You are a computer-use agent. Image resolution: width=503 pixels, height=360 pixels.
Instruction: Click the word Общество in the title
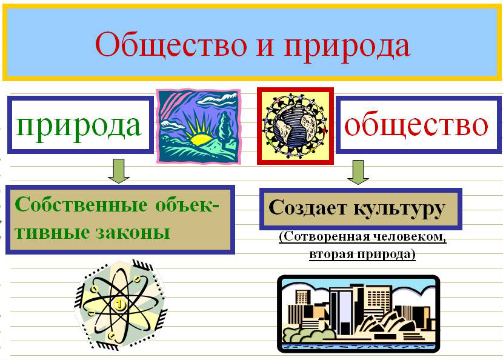coord(171,44)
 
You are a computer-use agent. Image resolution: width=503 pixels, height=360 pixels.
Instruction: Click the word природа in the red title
coord(347,47)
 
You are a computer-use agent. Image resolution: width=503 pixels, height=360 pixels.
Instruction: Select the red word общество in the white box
coord(416,124)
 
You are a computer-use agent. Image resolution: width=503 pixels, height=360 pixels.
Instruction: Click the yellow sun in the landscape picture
coord(201,139)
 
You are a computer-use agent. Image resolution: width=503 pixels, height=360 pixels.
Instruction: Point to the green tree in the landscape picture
coord(225,129)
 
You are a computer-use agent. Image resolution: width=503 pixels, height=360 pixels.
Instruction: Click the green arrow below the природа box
coord(119,171)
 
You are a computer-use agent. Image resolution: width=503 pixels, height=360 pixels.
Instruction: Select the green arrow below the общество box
coord(358,172)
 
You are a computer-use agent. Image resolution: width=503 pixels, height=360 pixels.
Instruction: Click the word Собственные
coord(81,204)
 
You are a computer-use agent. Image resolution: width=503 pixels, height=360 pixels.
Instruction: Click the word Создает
coord(308,208)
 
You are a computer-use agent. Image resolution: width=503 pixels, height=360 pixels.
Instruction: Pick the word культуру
coord(400,210)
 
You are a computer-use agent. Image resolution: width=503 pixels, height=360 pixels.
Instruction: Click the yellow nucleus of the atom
coord(119,304)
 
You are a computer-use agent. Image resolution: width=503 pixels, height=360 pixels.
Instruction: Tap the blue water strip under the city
coord(358,347)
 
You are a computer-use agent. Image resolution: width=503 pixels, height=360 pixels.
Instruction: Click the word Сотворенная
coord(323,237)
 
